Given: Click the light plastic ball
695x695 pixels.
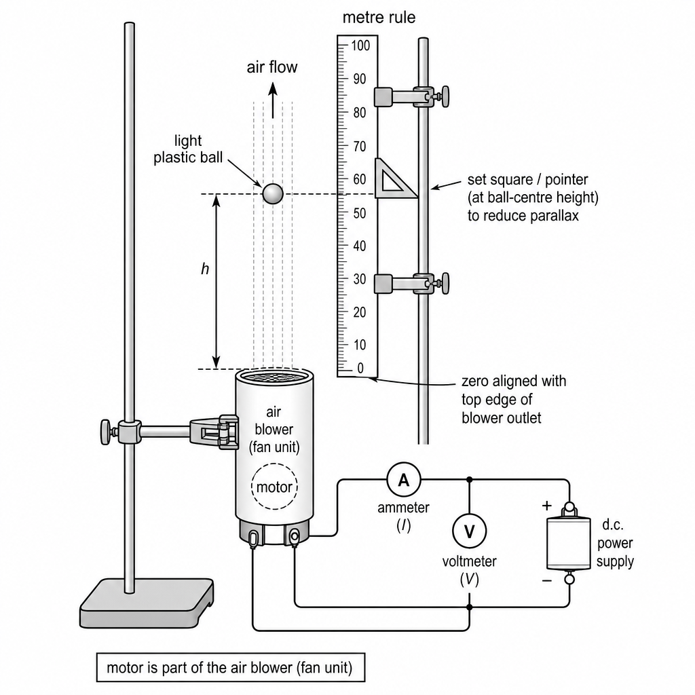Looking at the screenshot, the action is point(273,193).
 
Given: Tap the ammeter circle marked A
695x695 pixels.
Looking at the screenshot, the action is point(403,480).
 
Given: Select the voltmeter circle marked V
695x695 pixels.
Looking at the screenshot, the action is point(470,531).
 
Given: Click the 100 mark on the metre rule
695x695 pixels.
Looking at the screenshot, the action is point(360,45).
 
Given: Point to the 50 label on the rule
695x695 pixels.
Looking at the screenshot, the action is point(360,212).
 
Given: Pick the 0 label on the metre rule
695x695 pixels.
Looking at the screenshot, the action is point(360,368).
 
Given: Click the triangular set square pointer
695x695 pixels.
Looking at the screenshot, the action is point(394,179).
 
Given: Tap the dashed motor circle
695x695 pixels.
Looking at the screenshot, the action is point(274,486).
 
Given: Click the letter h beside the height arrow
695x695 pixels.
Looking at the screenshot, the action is point(205,269).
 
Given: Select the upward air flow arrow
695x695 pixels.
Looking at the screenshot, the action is point(273,101).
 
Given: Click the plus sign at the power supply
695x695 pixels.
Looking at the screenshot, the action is point(547,506).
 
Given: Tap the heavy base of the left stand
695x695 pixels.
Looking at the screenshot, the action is point(147,603).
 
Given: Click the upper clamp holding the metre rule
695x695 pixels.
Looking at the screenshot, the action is point(411,96).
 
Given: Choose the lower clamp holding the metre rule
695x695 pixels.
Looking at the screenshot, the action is point(411,284).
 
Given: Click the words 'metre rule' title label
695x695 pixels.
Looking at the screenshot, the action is point(379,18).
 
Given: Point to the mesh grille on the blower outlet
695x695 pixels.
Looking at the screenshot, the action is point(274,377).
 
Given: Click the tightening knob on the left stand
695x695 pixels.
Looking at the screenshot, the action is point(105,432).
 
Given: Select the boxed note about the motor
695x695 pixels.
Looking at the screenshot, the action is point(231,668).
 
